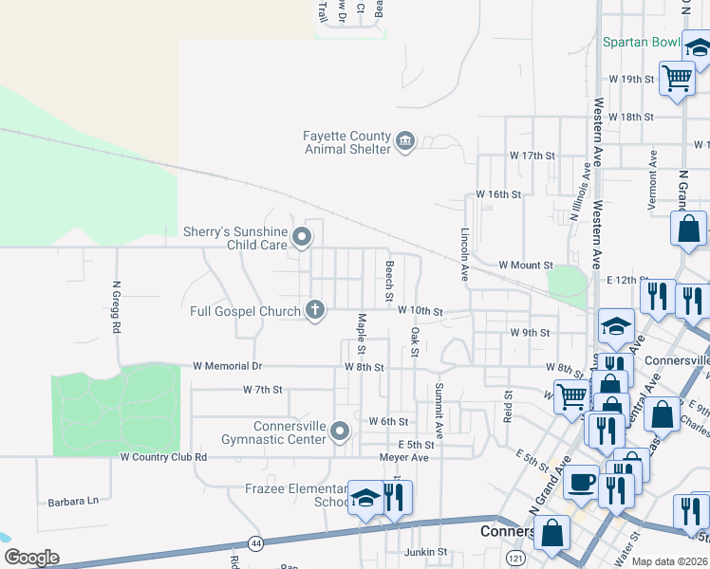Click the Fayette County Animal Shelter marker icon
coord(405,142)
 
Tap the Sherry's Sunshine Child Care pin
coord(302,236)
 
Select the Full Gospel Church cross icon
coord(315,309)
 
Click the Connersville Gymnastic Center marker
coord(340,433)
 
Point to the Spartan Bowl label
coord(642,43)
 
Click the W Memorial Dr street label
coord(227,366)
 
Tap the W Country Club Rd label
coord(163,457)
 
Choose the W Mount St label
coord(526,266)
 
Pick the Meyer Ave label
coord(404,457)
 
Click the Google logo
coord(31,558)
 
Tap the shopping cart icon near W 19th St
coord(676,79)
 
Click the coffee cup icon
coord(581,481)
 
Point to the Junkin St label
coord(424,552)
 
